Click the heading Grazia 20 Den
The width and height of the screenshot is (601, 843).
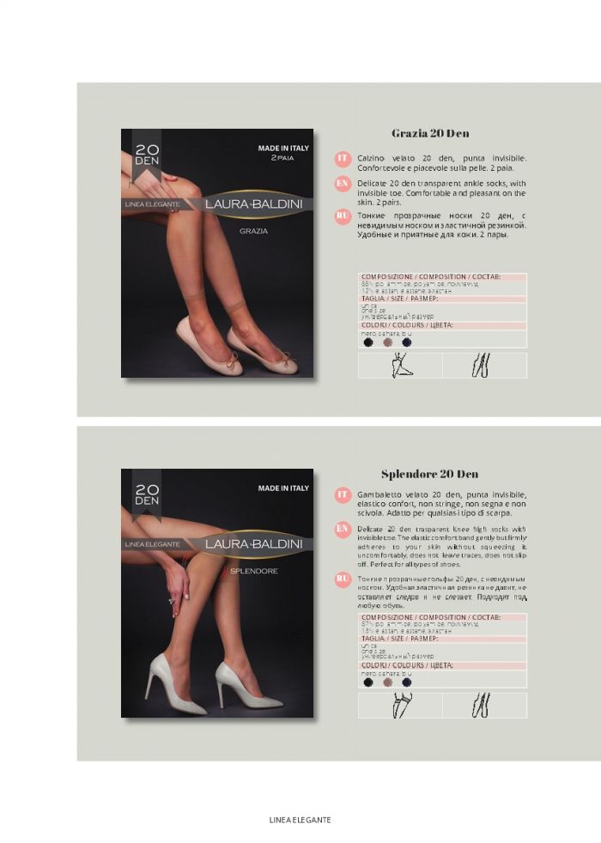tap(430, 133)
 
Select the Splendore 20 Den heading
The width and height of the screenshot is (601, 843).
tap(429, 474)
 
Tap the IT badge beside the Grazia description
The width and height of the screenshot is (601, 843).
tap(342, 159)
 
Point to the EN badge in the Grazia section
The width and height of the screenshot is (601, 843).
tap(342, 184)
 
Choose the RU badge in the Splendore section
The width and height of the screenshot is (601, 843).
tap(342, 580)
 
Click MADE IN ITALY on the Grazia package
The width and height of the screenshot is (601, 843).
tap(283, 148)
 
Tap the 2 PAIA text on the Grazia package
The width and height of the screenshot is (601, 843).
tap(283, 159)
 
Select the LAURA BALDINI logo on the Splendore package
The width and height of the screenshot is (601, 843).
tap(246, 543)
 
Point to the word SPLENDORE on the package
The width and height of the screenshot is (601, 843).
tap(253, 571)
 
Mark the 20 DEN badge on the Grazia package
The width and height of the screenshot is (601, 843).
tap(147, 155)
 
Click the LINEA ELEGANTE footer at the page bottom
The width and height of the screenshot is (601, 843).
tap(300, 820)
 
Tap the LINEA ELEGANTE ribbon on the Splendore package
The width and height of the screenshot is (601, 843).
tap(152, 544)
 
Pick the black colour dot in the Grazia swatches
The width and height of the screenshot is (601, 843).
tap(368, 342)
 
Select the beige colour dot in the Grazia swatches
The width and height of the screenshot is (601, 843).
tap(387, 342)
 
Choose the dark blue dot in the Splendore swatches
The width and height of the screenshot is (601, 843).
tap(407, 682)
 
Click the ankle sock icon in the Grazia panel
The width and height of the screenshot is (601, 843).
tap(399, 365)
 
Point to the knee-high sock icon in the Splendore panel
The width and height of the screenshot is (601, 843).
tap(399, 705)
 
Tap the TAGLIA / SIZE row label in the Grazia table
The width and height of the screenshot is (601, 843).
tap(400, 298)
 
